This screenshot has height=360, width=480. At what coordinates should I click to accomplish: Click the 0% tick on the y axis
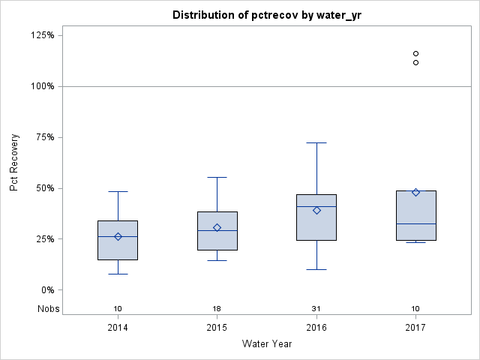pos(46,290)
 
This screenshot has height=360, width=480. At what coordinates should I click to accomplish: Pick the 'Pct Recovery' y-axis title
pos(14,163)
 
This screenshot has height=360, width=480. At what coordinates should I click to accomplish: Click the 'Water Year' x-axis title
pos(267,344)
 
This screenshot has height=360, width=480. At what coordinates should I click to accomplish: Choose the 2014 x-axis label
pos(118,327)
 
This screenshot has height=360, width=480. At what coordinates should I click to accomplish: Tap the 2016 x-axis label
pos(316,327)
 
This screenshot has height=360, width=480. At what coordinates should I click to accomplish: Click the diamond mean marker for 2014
pos(118,236)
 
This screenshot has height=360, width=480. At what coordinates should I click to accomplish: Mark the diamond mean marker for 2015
pos(217,227)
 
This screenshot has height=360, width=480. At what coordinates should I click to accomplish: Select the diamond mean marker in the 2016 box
pos(316,211)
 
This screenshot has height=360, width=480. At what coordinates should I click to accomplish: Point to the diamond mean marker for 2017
pos(415,192)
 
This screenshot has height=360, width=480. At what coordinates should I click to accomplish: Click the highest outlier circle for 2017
pos(415,54)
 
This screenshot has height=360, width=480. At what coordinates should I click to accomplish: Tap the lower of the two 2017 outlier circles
pos(415,62)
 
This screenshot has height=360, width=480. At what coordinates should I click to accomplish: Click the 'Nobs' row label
pos(49,309)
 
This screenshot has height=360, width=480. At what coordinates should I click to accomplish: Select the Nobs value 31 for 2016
pos(316,309)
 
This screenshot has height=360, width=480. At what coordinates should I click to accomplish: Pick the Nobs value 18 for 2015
pos(217,309)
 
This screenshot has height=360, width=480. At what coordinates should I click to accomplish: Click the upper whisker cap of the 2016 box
pos(316,142)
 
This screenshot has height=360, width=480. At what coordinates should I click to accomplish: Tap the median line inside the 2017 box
pos(415,223)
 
